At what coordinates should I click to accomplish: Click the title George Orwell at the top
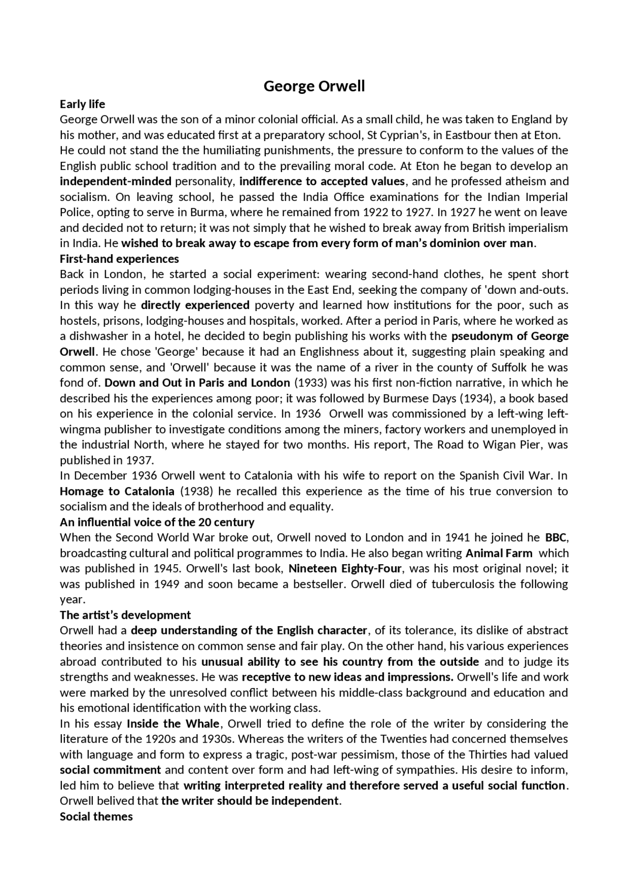point(314,86)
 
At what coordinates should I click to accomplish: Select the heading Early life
point(83,104)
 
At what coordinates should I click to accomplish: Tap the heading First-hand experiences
point(119,258)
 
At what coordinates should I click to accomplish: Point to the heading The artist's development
point(125,615)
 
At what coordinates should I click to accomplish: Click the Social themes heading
point(96,816)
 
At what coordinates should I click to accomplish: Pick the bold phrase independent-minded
point(115,181)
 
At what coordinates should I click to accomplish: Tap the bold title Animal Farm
point(499,553)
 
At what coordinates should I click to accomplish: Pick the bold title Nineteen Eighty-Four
point(345,569)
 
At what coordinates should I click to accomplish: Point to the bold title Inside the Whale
point(173,723)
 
